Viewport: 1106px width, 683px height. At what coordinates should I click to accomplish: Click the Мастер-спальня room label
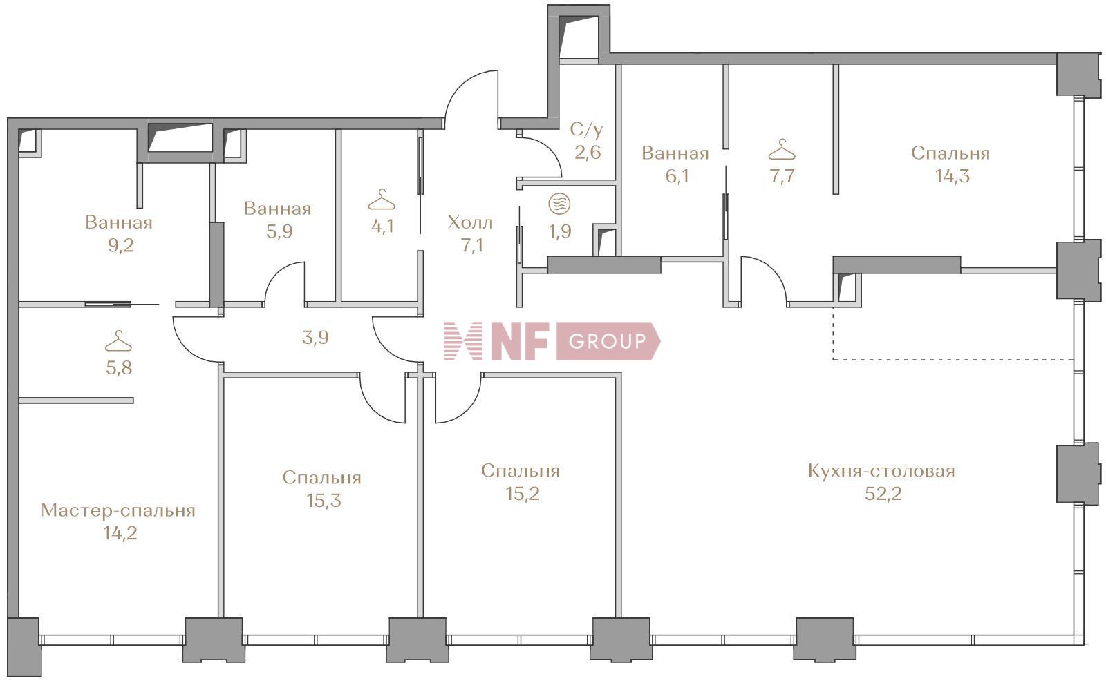pyautogui.click(x=118, y=510)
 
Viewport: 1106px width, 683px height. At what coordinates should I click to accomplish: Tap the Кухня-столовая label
pyautogui.click(x=881, y=471)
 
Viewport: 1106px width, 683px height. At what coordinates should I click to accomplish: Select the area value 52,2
pyautogui.click(x=883, y=494)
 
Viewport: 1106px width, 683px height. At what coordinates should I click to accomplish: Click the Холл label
pyautogui.click(x=470, y=222)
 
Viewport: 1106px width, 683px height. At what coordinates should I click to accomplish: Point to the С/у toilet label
pyautogui.click(x=586, y=129)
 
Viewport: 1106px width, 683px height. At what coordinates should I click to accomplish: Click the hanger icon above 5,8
pyautogui.click(x=118, y=342)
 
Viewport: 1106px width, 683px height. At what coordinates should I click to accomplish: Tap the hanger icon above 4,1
pyautogui.click(x=382, y=201)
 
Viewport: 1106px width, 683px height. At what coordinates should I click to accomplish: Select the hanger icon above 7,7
pyautogui.click(x=782, y=149)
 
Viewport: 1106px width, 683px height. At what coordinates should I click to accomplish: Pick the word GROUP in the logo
pyautogui.click(x=607, y=341)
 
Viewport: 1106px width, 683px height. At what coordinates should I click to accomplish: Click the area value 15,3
pyautogui.click(x=324, y=500)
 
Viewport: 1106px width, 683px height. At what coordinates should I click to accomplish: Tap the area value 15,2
pyautogui.click(x=522, y=493)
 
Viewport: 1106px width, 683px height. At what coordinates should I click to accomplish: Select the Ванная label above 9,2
pyautogui.click(x=119, y=222)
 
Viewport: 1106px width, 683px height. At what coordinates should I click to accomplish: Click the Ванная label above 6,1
pyautogui.click(x=675, y=153)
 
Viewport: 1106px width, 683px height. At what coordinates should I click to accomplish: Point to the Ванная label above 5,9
pyautogui.click(x=278, y=208)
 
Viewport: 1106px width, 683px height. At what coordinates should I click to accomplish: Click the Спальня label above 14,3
pyautogui.click(x=950, y=153)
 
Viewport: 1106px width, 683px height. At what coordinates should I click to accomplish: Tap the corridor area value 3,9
pyautogui.click(x=315, y=338)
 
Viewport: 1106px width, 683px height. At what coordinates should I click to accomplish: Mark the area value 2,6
pyautogui.click(x=588, y=152)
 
